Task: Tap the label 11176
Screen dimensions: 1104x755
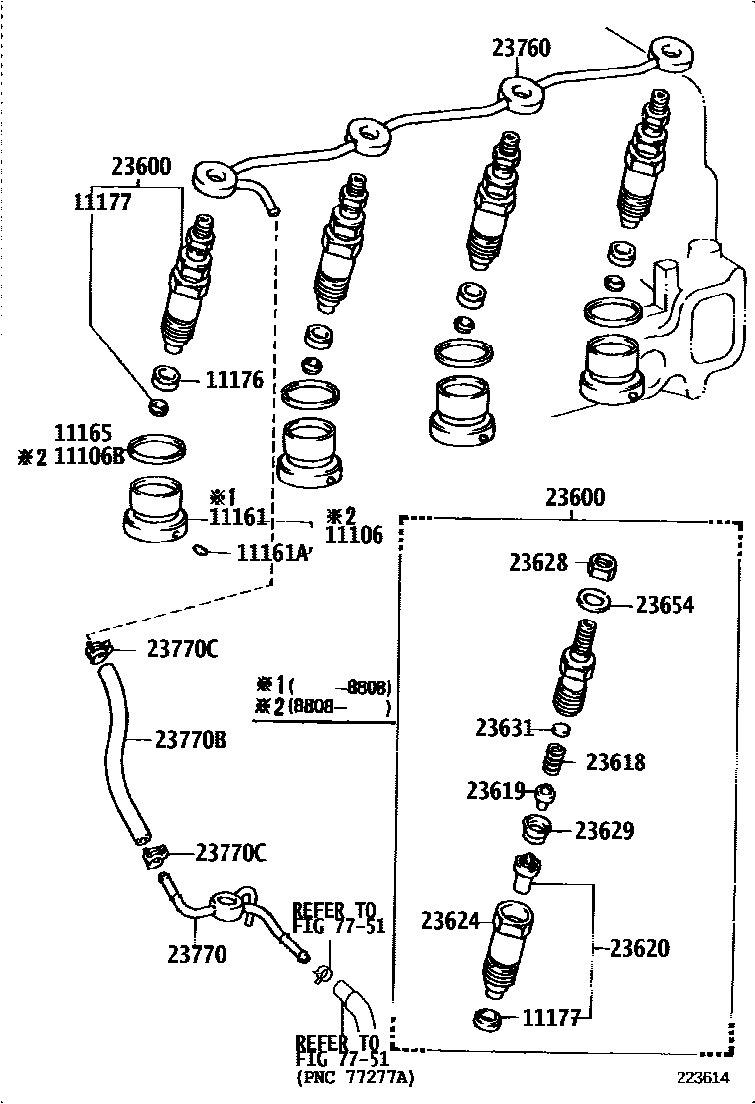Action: coord(234,379)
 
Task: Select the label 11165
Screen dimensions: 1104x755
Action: coord(82,434)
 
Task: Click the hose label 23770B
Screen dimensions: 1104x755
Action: coord(189,739)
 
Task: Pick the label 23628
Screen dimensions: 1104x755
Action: coord(538,563)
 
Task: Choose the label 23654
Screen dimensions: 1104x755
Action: coord(665,605)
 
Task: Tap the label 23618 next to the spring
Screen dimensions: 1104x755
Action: coord(615,761)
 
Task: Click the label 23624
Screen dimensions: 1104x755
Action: coord(450,921)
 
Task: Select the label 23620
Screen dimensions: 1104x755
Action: coord(639,948)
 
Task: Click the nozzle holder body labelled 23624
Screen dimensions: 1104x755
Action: coord(509,948)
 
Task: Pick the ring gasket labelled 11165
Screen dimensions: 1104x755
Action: coord(157,448)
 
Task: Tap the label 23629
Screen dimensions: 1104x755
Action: coord(605,831)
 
